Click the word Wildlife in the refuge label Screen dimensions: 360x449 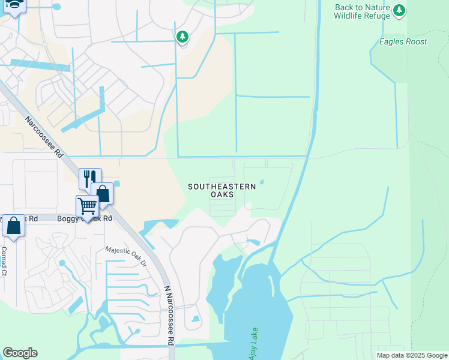349,17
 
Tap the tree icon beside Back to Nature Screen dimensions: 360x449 399,10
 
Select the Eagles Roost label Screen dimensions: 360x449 403,42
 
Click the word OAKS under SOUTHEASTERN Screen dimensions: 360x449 222,195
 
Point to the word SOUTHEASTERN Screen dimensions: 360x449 222,187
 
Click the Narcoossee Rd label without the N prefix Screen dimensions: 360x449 44,137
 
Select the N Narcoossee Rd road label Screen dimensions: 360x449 169,314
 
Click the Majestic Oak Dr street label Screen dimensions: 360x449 126,256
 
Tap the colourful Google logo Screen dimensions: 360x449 20,353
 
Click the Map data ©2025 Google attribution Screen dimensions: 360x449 412,356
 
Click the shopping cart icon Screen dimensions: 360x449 87,206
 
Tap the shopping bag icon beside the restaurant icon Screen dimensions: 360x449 103,193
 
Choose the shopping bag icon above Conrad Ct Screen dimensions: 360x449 13,226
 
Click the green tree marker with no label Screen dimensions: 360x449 182,37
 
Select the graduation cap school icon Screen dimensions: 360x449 14,5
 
